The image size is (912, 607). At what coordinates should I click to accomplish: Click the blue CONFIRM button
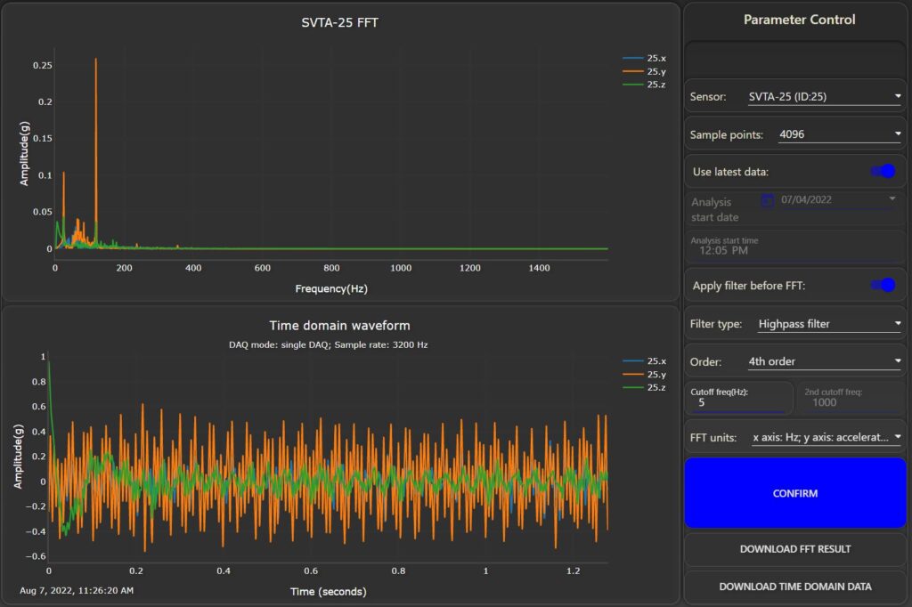pos(794,493)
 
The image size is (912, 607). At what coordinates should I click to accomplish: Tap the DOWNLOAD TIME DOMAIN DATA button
pos(794,587)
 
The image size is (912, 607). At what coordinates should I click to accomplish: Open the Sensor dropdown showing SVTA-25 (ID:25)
pos(823,96)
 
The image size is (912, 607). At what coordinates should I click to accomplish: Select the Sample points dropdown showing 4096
pos(838,134)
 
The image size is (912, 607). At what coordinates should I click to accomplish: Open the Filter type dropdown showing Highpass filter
pos(827,324)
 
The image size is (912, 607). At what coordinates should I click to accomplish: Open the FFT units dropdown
pos(826,437)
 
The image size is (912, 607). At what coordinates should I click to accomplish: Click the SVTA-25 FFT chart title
pos(339,22)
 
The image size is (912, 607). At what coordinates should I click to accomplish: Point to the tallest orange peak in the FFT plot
pos(95,61)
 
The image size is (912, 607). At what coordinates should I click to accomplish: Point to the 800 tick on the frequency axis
pos(332,268)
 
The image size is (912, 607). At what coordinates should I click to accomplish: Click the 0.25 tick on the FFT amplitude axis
pos(41,66)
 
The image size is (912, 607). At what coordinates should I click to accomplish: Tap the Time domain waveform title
pos(339,326)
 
